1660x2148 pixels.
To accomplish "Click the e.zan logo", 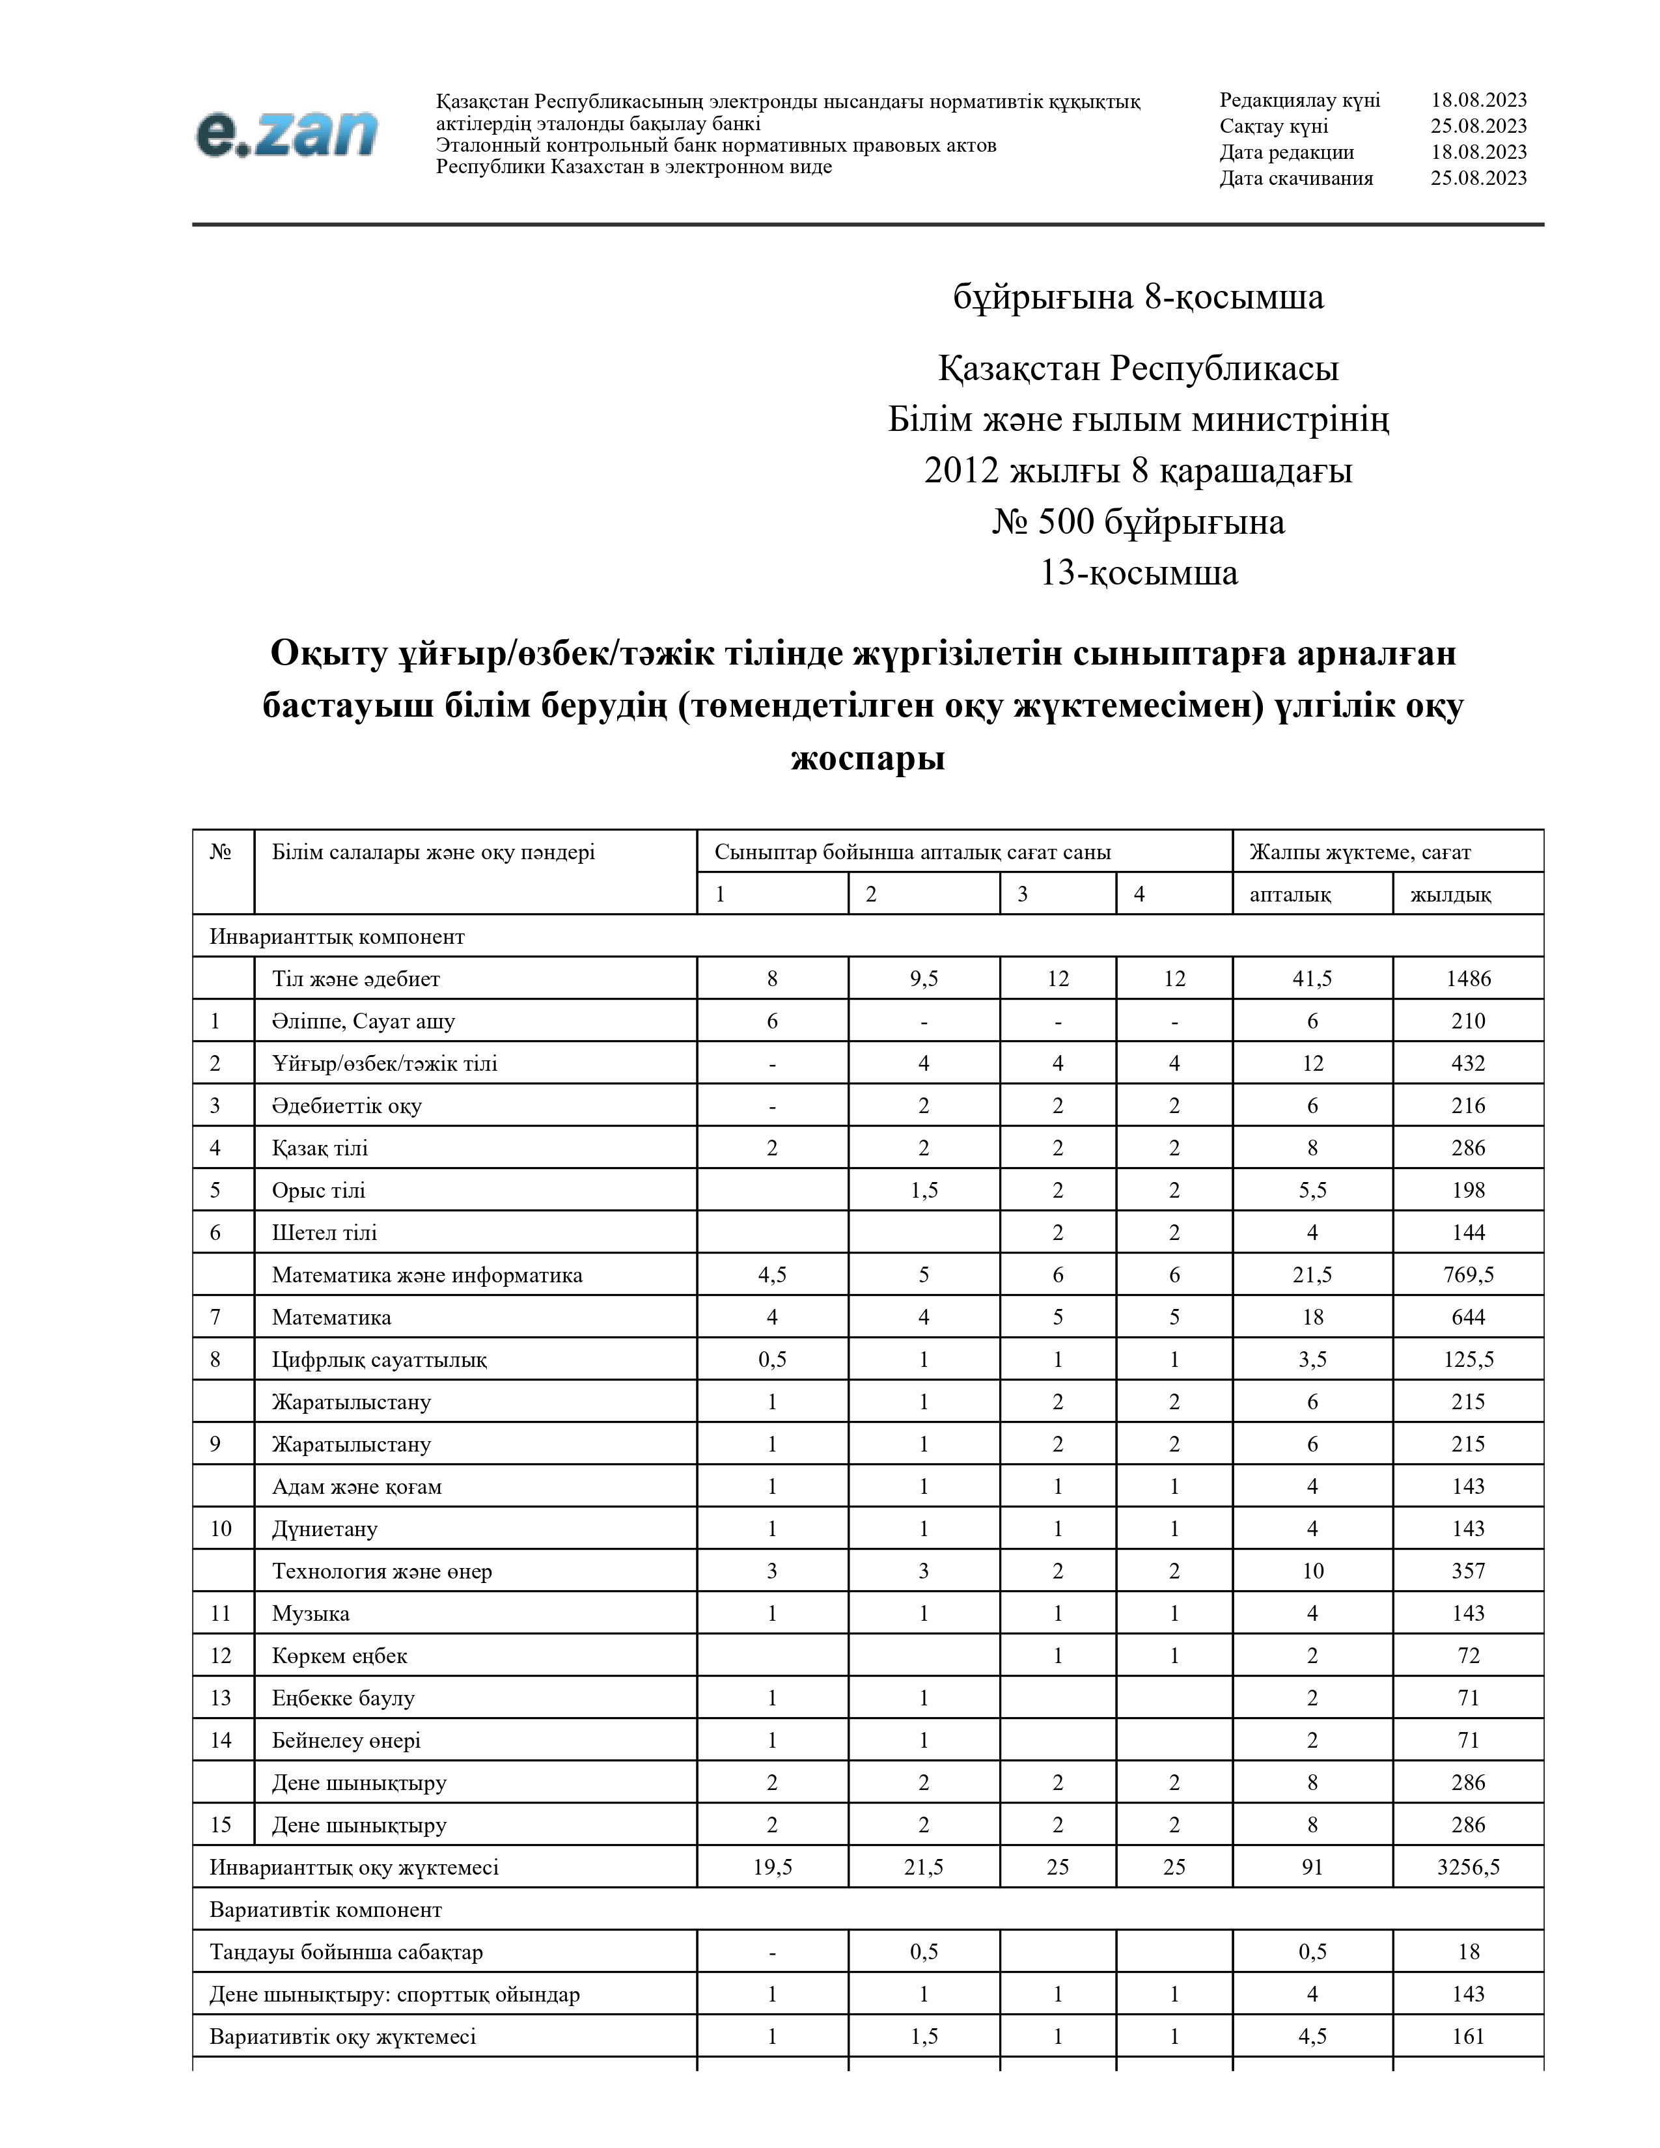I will click(286, 133).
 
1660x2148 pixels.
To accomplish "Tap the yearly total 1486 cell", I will click(1467, 978).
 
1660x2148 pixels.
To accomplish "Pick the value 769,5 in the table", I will click(1467, 1274).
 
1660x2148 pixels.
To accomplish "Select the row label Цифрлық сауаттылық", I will click(380, 1359).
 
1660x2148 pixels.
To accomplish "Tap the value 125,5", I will click(1467, 1359).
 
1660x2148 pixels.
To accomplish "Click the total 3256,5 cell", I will click(1467, 1867).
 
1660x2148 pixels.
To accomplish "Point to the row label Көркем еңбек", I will click(339, 1655).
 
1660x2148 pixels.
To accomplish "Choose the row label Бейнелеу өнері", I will click(346, 1740).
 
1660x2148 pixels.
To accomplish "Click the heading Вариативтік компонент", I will click(325, 1909).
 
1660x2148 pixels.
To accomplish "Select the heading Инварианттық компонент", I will click(337, 936).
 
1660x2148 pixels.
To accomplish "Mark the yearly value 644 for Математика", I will click(1467, 1317).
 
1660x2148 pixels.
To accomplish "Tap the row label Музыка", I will click(311, 1613).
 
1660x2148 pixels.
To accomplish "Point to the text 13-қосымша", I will click(1139, 572).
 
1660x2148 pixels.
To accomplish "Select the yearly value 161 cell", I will click(1467, 2036).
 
